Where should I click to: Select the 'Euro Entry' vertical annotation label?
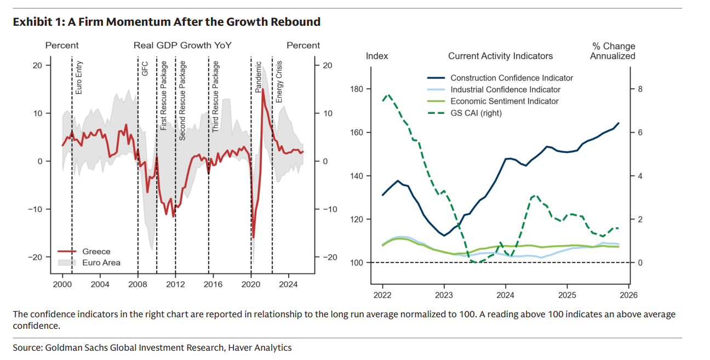pos(78,78)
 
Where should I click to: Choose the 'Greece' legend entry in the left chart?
pos(96,252)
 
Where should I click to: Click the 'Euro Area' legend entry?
pos(101,262)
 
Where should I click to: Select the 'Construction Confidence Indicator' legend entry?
pos(511,78)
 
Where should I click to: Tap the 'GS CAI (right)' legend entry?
pos(476,113)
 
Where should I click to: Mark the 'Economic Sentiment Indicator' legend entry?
pos(504,101)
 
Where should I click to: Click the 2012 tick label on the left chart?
pos(175,284)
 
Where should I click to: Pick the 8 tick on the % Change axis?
pos(639,89)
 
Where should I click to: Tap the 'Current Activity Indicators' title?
pos(500,56)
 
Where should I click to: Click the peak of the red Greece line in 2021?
pos(263,89)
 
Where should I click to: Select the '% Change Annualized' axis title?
pos(612,51)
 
